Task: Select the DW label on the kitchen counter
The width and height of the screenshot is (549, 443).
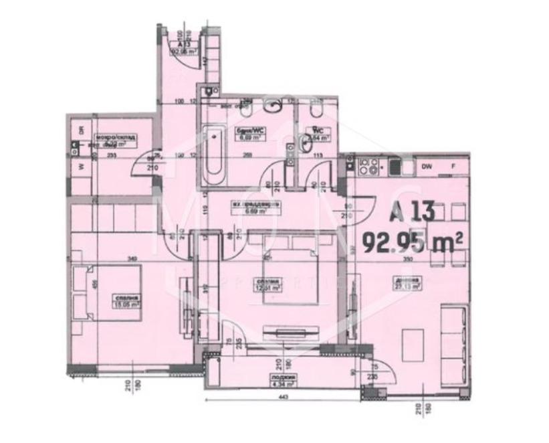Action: [x=427, y=167]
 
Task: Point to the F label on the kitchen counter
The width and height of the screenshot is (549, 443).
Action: [x=453, y=167]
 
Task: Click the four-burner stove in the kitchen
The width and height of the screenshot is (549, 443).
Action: [x=368, y=165]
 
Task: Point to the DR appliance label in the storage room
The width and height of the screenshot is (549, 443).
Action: [x=81, y=130]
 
